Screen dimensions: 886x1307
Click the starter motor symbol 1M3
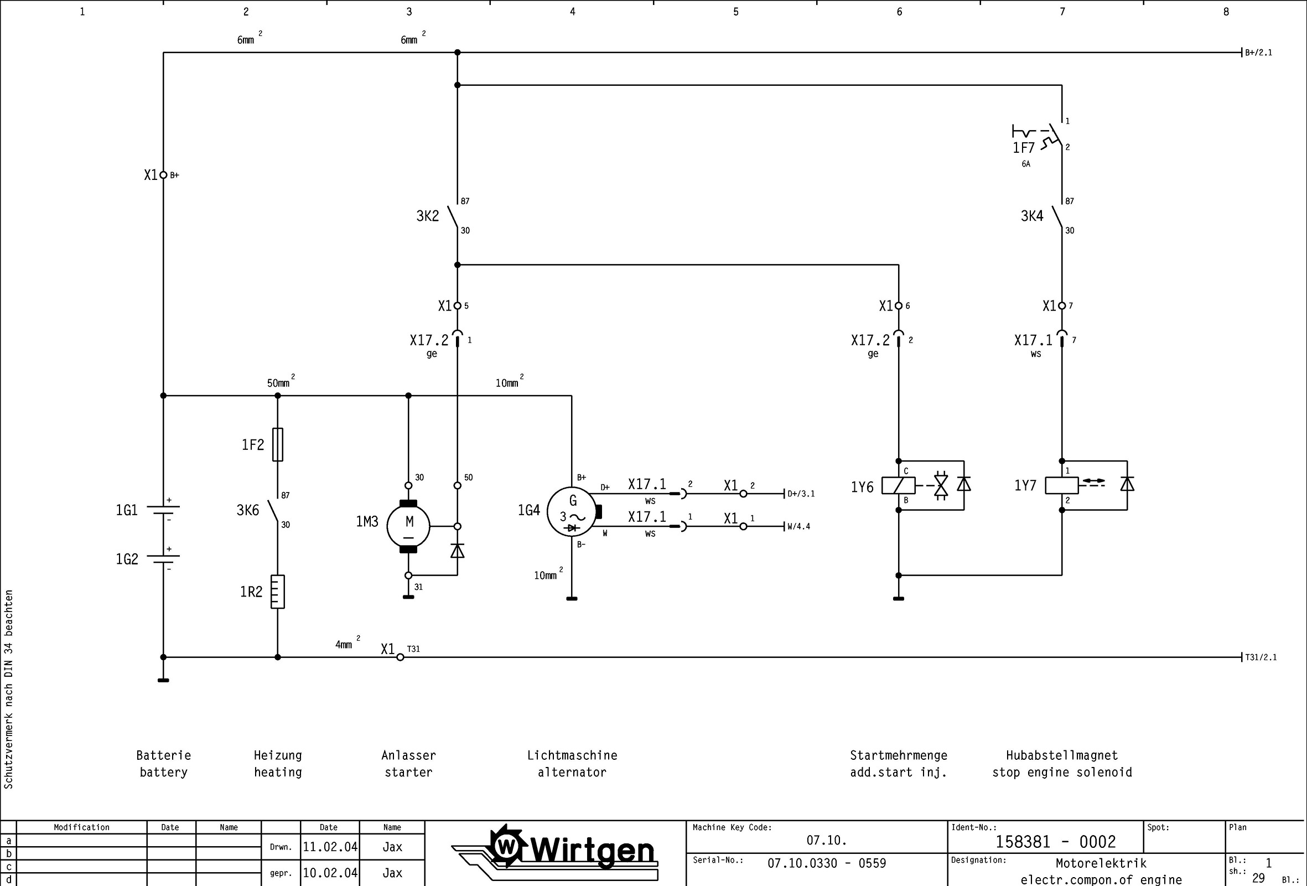408,526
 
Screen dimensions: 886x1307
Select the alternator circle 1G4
572,511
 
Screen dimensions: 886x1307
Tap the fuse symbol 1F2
277,444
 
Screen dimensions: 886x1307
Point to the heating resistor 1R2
277,591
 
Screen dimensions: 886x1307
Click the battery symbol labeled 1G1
163,510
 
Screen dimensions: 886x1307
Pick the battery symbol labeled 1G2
163,558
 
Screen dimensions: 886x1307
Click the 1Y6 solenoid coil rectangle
898,485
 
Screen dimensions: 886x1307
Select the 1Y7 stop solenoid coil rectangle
1061,485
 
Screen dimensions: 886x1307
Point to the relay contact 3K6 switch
273,511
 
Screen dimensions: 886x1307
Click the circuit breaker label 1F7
1024,148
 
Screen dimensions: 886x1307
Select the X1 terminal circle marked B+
163,175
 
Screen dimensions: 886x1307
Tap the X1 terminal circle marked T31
400,657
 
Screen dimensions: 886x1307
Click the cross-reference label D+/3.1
801,494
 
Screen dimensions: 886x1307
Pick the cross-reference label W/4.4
798,526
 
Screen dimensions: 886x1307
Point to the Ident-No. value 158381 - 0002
1055,842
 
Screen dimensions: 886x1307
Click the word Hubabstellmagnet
1061,755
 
